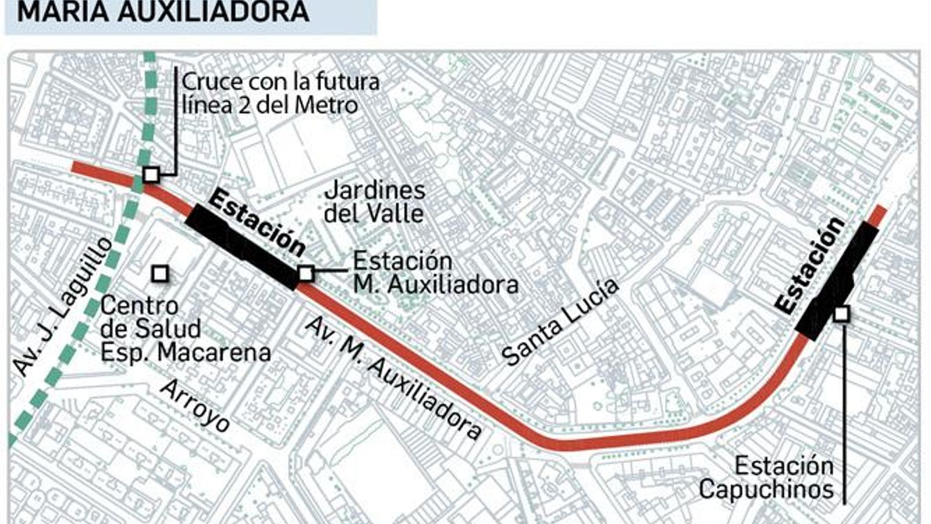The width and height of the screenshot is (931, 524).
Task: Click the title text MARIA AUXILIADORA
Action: (163, 12)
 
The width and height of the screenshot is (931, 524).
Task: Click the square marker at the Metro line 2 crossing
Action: (151, 174)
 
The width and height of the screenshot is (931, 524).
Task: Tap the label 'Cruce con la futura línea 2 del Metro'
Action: (280, 93)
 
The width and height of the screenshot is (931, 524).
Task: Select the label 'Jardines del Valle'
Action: (374, 201)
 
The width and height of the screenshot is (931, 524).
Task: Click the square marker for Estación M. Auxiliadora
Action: (306, 273)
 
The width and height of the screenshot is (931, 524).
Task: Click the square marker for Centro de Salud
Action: (160, 273)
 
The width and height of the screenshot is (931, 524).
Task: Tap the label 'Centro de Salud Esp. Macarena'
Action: (185, 329)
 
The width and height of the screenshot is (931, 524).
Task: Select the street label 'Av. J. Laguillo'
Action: (62, 306)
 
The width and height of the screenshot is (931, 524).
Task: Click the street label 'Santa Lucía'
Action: (559, 322)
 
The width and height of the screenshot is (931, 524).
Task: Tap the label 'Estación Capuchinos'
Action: (766, 478)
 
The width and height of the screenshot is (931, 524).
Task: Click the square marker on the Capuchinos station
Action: (841, 314)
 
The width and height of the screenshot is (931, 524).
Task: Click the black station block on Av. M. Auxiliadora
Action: (241, 245)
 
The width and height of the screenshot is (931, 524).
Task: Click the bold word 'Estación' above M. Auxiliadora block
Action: (257, 222)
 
